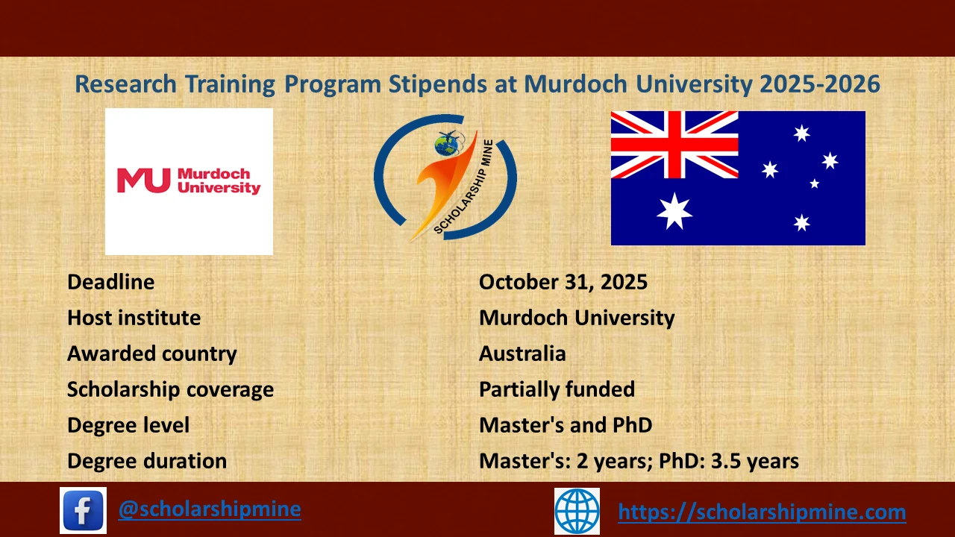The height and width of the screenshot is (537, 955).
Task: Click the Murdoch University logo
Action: coord(189,181)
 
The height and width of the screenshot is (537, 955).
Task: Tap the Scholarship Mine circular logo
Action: coord(445,178)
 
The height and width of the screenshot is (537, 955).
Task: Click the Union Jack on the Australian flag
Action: coord(674,145)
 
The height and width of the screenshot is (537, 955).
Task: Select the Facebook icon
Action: coord(83,510)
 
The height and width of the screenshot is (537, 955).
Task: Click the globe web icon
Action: coord(577,511)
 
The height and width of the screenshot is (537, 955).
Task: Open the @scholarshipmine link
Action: coord(210,509)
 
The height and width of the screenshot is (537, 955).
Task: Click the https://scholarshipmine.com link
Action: coord(762,512)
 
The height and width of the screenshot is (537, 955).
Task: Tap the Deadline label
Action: coord(111,282)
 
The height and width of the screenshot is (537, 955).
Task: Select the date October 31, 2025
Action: coord(563,282)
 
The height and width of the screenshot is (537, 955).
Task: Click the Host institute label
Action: coord(134,318)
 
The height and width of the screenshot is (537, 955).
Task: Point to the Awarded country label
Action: coord(152,354)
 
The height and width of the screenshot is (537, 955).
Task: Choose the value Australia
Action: coord(522,354)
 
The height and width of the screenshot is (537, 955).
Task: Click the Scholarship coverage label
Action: coord(170,389)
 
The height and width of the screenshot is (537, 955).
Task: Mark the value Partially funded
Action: coord(557,389)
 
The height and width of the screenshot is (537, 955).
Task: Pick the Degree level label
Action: coord(128,425)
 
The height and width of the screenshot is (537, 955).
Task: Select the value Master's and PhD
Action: coord(566,425)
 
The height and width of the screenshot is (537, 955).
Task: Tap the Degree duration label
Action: coord(147,461)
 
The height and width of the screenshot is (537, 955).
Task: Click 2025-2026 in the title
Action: coord(820,84)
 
